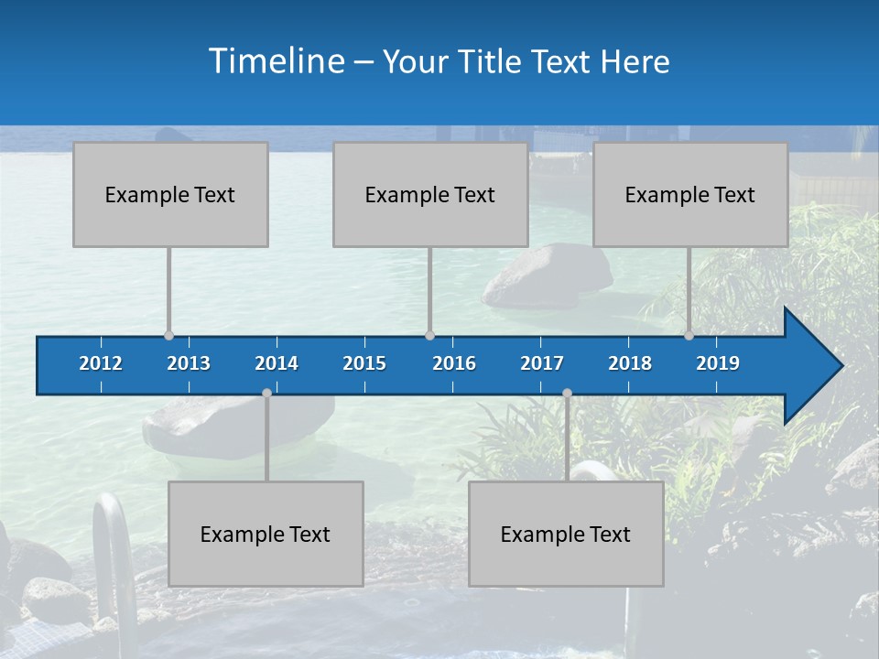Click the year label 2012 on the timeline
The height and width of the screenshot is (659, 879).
(x=101, y=363)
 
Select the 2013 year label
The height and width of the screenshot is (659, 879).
(x=189, y=363)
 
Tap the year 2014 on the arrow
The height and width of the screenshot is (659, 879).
(x=277, y=363)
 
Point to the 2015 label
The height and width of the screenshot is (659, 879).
(x=364, y=363)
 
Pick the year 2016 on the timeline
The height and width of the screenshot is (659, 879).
(x=454, y=363)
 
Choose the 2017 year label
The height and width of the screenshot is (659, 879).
(x=542, y=363)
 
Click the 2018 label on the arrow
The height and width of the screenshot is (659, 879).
(x=630, y=363)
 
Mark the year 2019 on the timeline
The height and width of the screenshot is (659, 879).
(x=718, y=363)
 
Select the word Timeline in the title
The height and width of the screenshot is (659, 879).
(x=276, y=61)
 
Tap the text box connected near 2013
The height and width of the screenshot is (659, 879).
(x=170, y=194)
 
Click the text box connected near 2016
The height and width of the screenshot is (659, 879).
(x=430, y=194)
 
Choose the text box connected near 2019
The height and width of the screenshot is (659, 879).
(x=690, y=194)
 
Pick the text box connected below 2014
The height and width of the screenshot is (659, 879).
(x=266, y=534)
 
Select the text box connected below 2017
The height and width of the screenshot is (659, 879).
(x=566, y=534)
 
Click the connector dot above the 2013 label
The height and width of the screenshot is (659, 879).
(x=169, y=335)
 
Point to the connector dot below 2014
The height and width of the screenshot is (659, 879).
(x=266, y=393)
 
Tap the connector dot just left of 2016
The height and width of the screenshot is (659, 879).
(x=430, y=335)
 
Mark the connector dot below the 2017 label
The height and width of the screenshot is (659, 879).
(x=567, y=393)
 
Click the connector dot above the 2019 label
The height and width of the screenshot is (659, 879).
(x=689, y=335)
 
